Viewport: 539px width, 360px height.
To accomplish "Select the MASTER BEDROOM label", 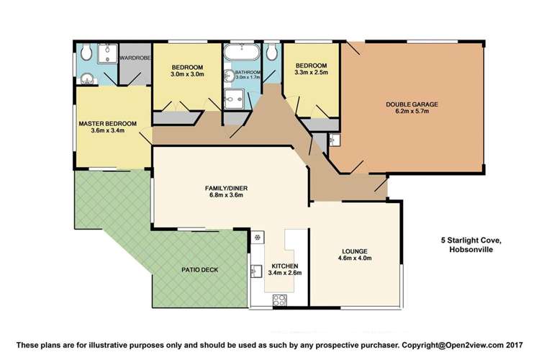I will coord(107,124).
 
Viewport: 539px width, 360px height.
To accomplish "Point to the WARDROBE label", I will coord(134,57).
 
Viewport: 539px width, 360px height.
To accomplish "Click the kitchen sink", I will coord(256,271).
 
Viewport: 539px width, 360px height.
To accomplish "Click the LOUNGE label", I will coord(354,251).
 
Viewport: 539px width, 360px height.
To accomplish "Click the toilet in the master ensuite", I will coord(86,52).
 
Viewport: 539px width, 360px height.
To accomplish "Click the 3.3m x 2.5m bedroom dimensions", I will coord(311,72).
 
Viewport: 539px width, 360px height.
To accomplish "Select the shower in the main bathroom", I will coord(234,100).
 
